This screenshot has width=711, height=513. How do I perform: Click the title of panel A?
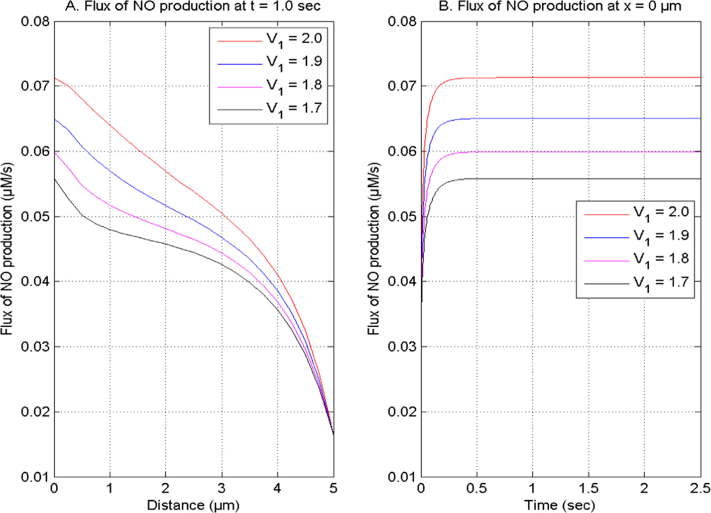click(x=192, y=6)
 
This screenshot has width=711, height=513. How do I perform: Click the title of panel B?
click(x=560, y=6)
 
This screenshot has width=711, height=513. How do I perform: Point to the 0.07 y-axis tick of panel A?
click(x=35, y=86)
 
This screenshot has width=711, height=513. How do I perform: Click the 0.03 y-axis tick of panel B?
click(x=402, y=347)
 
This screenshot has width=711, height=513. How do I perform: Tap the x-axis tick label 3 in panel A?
click(x=222, y=488)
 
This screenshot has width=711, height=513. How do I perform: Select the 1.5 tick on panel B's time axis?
click(x=588, y=488)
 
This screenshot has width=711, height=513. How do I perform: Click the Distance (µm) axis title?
click(x=193, y=505)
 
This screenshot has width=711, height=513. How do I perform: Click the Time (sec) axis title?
click(x=560, y=505)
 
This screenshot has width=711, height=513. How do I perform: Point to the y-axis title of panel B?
click(x=373, y=249)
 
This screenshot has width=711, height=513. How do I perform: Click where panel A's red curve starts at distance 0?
click(x=55, y=78)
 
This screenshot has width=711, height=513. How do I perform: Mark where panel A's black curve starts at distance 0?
click(x=55, y=179)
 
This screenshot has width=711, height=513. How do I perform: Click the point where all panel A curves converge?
click(x=333, y=434)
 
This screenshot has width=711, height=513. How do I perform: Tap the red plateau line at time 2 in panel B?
click(x=644, y=77)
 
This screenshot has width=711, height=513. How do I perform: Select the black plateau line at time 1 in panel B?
click(x=532, y=179)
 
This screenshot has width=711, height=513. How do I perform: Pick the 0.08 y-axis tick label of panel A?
click(x=35, y=21)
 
